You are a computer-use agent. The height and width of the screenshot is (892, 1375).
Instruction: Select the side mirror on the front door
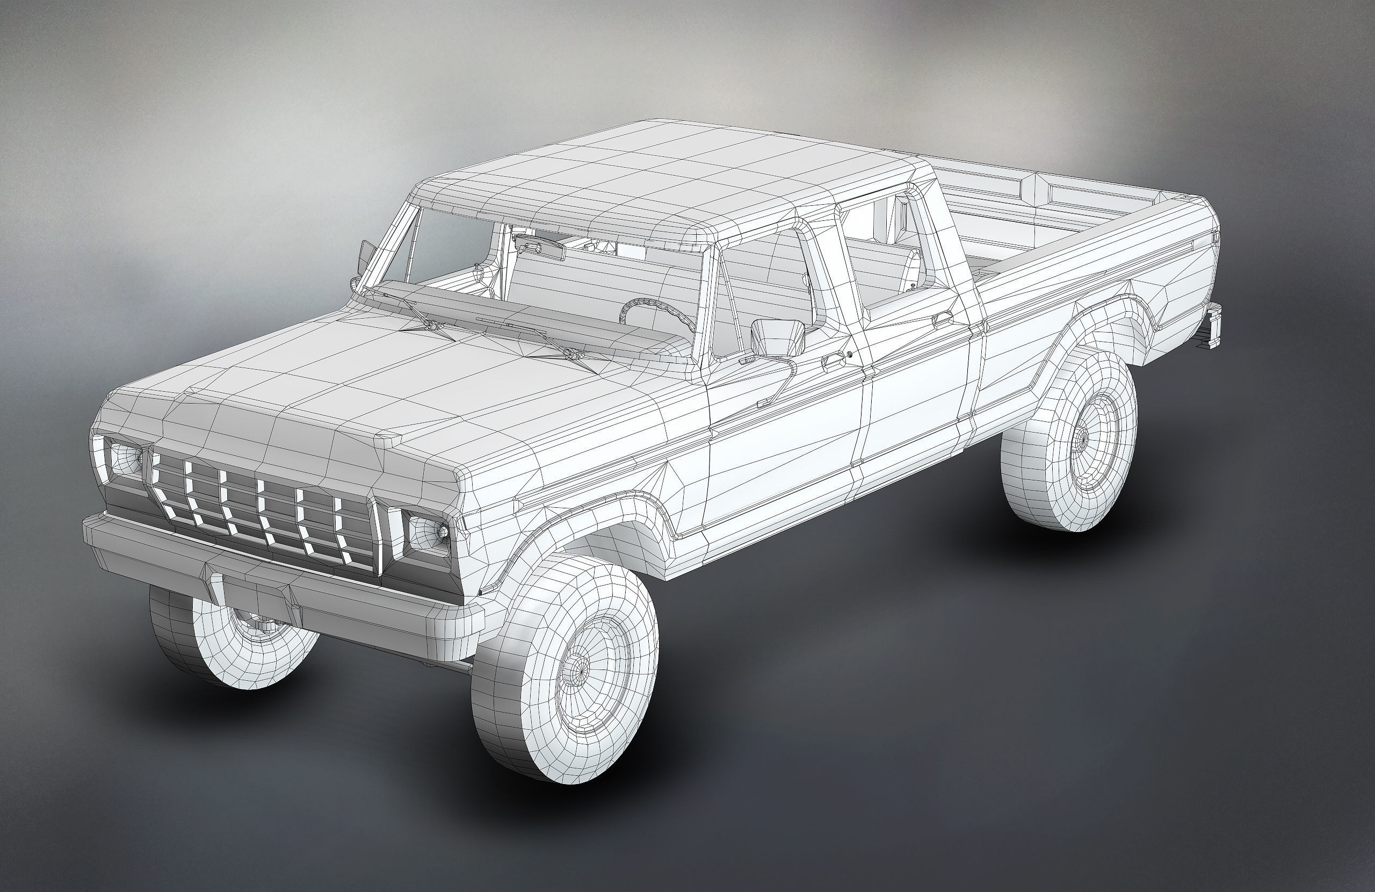(778, 337)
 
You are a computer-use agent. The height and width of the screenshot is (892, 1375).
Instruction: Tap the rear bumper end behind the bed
(1214, 327)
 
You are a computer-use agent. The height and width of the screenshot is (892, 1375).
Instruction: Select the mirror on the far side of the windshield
(366, 257)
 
